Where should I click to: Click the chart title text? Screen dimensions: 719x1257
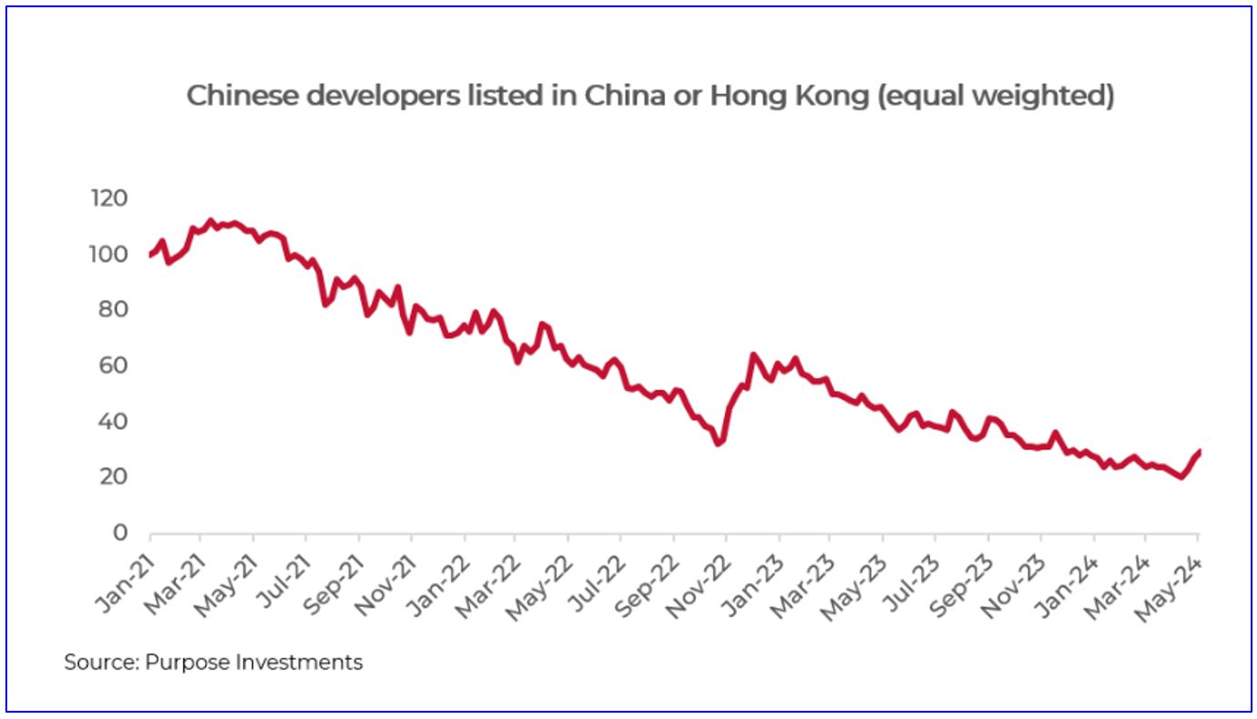coord(650,96)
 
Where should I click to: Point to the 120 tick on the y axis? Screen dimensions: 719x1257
coord(107,199)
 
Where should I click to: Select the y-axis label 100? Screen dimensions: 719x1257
coord(107,254)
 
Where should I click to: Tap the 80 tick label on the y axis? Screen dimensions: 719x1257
coord(112,310)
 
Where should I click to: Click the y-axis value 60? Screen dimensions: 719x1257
coord(112,365)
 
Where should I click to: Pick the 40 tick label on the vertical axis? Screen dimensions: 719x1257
coord(112,422)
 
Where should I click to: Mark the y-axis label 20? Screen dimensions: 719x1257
coord(112,478)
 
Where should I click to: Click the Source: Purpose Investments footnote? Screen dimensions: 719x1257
coord(213,663)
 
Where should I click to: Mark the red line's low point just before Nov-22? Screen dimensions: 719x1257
coord(719,444)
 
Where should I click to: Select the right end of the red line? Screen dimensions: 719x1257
coord(1200,451)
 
